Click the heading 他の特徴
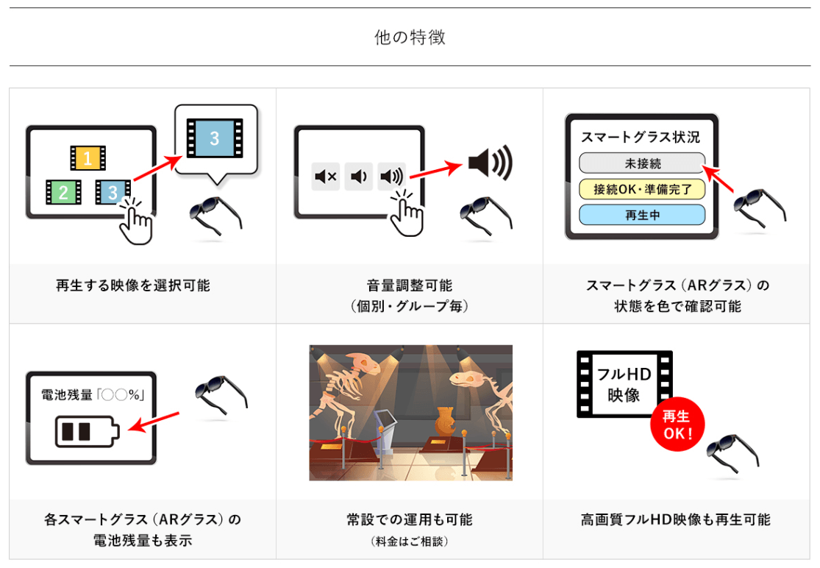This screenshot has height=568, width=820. coord(410,38)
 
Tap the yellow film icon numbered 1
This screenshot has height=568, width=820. coord(88,157)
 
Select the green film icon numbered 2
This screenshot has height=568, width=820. coord(63,193)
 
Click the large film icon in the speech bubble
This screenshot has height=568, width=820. coord(215,138)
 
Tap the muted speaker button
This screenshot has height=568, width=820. coord(325,177)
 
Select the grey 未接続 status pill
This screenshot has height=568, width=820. coord(641,163)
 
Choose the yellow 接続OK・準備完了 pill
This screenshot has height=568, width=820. coord(641,189)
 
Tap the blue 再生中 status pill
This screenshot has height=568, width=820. coord(641,216)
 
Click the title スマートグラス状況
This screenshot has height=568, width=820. coord(640,138)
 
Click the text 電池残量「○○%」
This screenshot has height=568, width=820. coord(91,395)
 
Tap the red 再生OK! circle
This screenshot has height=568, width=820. coord(677,426)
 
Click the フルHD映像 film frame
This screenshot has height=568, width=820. coord(624,385)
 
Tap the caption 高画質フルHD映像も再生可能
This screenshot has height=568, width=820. coord(675,520)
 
